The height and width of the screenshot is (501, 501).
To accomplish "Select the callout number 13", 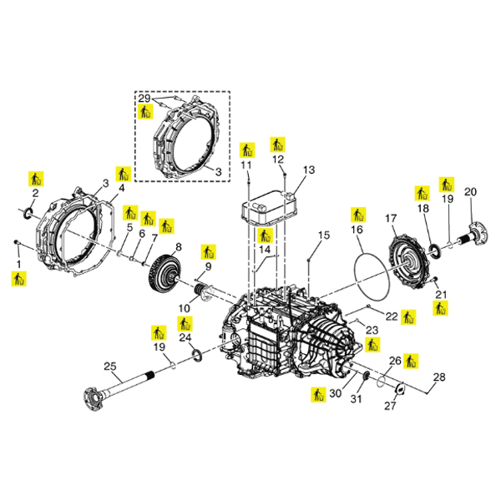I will (309, 170).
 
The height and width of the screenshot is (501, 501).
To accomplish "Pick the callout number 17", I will (390, 219).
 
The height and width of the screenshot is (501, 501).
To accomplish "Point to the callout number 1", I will (17, 263).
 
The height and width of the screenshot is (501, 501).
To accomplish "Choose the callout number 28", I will (438, 377).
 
